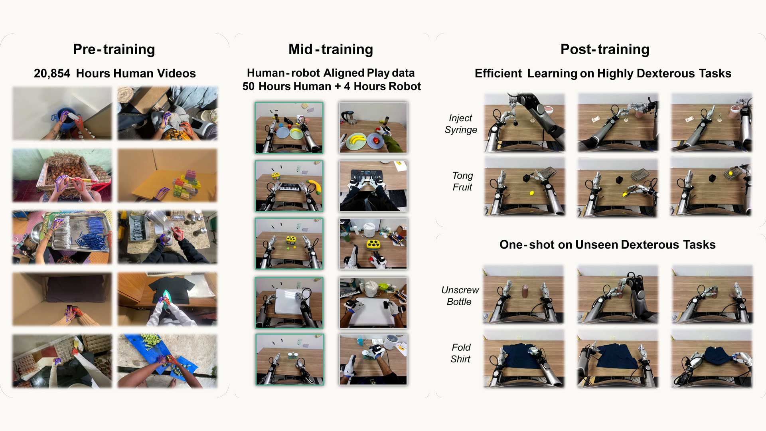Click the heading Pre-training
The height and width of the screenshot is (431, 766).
click(114, 49)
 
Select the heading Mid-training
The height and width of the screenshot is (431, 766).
click(331, 49)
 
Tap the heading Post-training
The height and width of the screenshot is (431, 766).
click(605, 49)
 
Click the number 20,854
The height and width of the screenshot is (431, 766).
click(52, 74)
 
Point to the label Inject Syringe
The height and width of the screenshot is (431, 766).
click(461, 124)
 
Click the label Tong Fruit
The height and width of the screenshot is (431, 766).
click(462, 181)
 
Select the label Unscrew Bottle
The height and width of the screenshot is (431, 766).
click(460, 296)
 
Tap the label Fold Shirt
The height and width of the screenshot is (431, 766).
click(461, 353)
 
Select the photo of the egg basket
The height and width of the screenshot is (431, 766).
click(62, 176)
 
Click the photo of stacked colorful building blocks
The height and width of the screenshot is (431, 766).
click(168, 176)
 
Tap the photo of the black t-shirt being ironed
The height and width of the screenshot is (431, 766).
click(168, 299)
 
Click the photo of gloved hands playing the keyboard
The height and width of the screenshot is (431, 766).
click(373, 186)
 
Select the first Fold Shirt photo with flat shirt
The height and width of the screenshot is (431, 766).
click(524, 359)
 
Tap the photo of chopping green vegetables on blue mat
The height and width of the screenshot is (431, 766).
click(168, 361)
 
